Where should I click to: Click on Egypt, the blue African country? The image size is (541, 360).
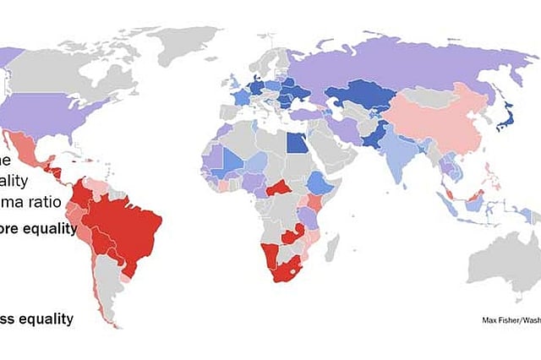click(297, 141)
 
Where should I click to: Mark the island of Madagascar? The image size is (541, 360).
click(333, 246)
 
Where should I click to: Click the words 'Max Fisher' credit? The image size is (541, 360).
click(500, 320)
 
